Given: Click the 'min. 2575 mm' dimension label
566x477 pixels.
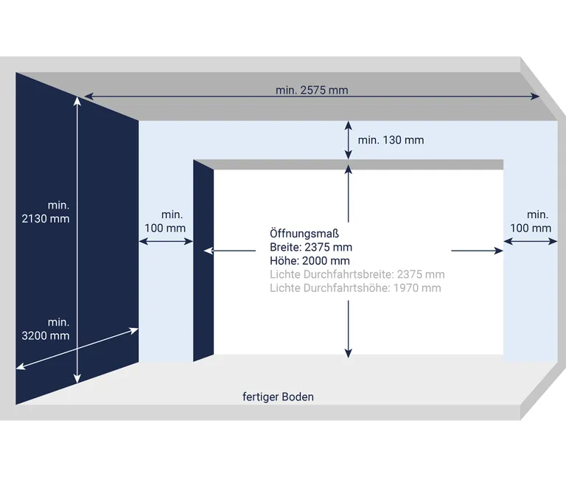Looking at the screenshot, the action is (312, 90).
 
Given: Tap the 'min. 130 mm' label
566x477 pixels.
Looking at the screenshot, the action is (391, 140).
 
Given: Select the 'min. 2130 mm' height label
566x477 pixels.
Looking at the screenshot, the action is (46, 212).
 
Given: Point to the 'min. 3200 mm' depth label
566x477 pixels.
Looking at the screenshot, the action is (46, 329).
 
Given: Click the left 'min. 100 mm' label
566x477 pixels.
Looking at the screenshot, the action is (165, 221).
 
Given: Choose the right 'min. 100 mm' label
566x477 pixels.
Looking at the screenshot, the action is (531, 221).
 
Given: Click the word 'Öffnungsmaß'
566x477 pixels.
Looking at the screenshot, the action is (304, 233).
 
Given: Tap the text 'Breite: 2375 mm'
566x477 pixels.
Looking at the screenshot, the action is (311, 247).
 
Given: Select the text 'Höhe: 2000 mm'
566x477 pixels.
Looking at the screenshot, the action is (310, 260).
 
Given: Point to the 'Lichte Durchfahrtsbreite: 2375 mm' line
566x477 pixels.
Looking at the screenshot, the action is (357, 274).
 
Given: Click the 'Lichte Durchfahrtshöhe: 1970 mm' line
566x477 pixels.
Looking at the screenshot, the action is (355, 288).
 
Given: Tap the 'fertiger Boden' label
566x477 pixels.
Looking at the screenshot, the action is (278, 397).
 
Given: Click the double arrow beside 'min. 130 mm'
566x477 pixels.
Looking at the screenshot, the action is (348, 140).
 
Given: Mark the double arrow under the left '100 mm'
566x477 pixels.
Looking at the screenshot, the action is (166, 241).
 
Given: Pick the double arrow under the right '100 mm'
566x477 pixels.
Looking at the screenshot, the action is (531, 241).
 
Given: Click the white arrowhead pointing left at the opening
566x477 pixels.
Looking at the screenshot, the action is (209, 250).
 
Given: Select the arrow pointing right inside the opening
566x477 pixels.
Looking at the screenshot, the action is (478, 250).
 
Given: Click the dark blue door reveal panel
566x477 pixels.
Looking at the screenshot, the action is (203, 261).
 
